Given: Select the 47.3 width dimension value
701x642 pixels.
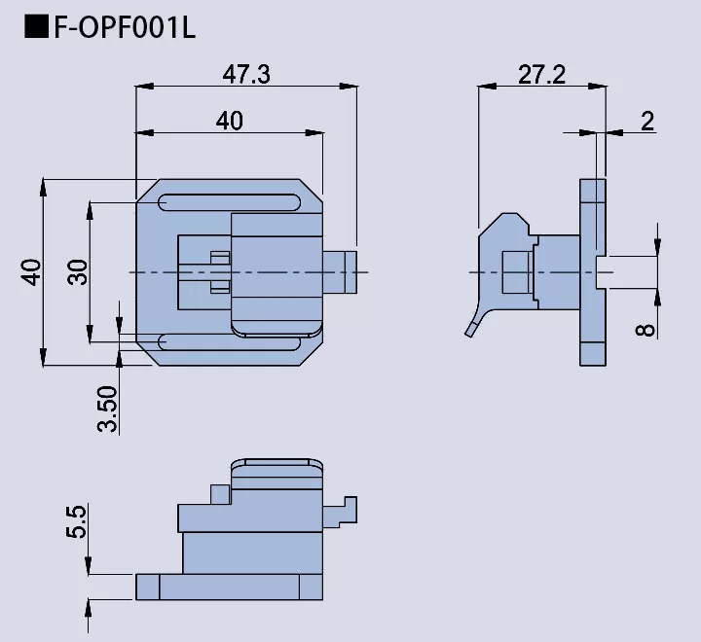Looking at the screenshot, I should pyautogui.click(x=245, y=74).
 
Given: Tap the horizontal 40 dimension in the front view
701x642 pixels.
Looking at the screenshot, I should pyautogui.click(x=229, y=120).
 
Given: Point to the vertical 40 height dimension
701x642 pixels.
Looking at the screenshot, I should pyautogui.click(x=31, y=271).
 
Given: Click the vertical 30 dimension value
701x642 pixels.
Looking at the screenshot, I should pyautogui.click(x=78, y=271).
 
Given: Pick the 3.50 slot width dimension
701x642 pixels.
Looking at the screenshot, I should pyautogui.click(x=107, y=409).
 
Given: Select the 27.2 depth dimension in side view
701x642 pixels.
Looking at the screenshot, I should pyautogui.click(x=541, y=74).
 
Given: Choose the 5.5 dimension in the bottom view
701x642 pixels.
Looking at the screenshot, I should pyautogui.click(x=78, y=521).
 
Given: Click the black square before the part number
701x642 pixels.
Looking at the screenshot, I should pyautogui.click(x=36, y=27).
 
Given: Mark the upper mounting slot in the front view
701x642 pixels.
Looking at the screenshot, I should pyautogui.click(x=230, y=201).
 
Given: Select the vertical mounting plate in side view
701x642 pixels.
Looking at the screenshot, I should pyautogui.click(x=592, y=271).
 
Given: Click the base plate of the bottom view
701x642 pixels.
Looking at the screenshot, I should pyautogui.click(x=229, y=587).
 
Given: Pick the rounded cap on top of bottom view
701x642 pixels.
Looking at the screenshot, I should pyautogui.click(x=277, y=470).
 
